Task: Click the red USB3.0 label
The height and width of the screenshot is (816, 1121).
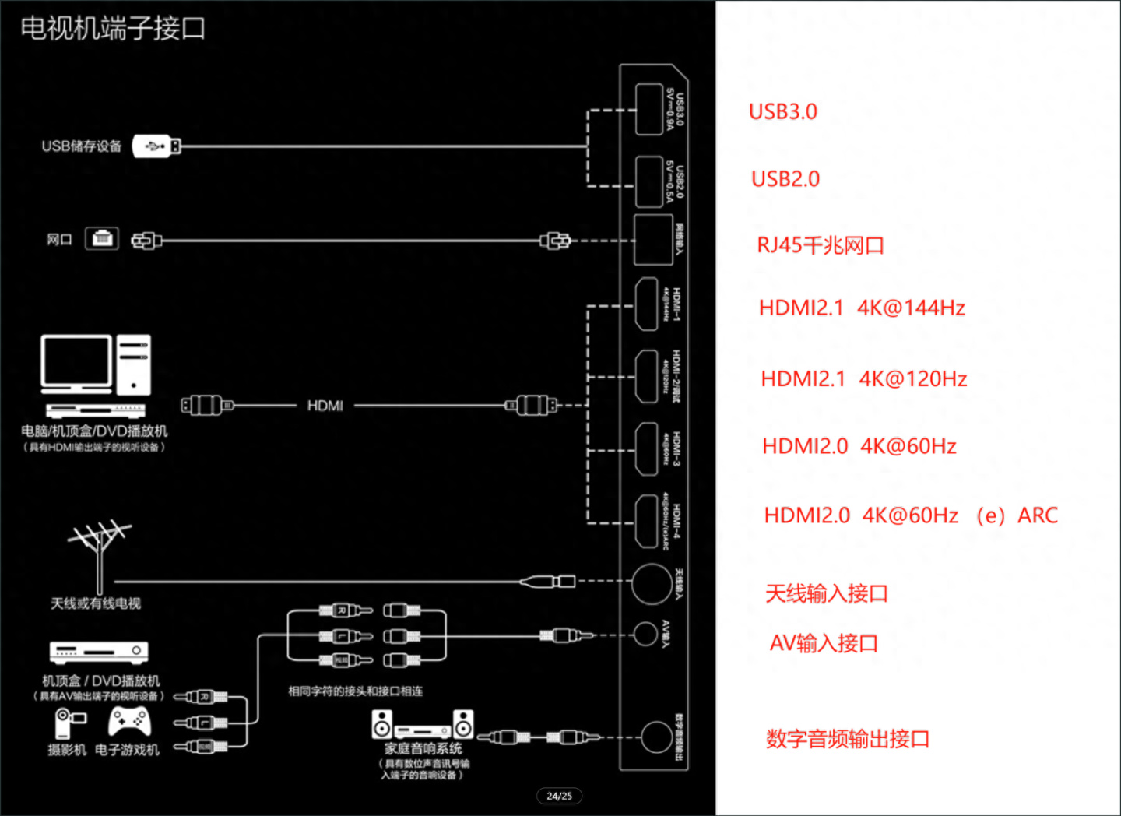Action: [782, 112]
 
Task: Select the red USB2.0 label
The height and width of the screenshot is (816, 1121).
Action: [785, 179]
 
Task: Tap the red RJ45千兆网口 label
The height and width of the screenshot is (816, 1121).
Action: [821, 246]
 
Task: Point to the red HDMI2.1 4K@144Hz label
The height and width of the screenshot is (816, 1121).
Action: [862, 308]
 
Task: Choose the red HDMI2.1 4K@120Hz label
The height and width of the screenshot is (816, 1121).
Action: [863, 379]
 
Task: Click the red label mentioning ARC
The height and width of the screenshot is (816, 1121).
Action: [911, 515]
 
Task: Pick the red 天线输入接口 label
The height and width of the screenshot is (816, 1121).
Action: [826, 594]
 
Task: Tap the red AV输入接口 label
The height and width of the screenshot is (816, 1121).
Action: [824, 643]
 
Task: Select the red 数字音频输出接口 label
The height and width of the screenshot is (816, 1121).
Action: [847, 739]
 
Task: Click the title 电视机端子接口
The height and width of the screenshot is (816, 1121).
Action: [113, 29]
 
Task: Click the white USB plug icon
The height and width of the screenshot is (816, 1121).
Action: [156, 146]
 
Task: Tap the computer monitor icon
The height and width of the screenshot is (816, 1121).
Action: [76, 364]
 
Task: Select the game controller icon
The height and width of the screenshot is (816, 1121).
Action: [129, 722]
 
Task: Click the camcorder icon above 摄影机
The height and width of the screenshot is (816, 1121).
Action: [69, 722]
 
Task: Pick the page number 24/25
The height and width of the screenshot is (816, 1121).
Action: [559, 796]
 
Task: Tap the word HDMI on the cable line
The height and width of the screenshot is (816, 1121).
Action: [325, 406]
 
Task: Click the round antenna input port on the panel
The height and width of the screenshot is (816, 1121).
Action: [651, 582]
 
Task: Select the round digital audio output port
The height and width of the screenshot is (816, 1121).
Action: [655, 737]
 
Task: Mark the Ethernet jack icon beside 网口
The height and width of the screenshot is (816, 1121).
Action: [102, 238]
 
